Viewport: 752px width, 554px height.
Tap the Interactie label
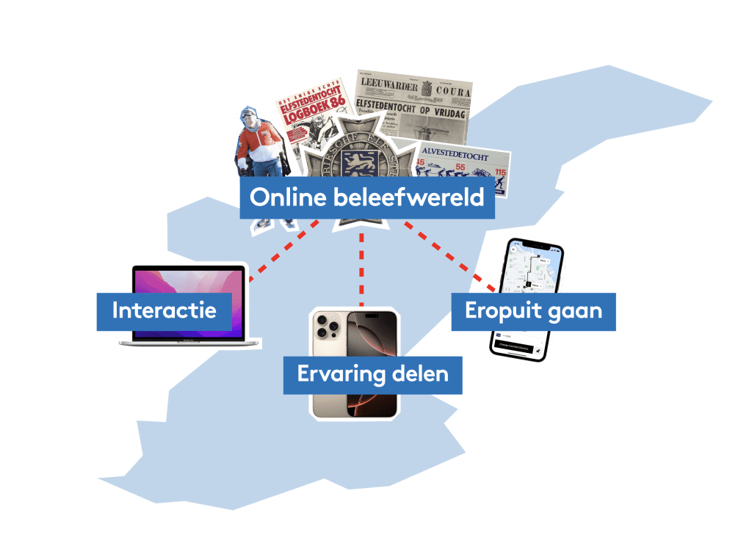(164, 310)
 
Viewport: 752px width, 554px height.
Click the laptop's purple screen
(187, 283)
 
